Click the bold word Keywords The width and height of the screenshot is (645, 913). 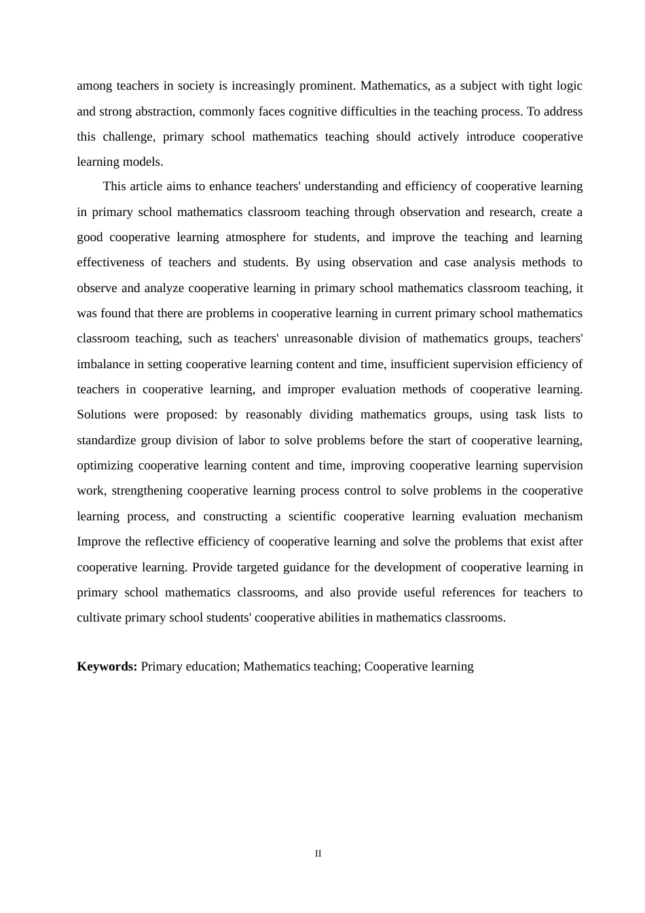tap(107, 666)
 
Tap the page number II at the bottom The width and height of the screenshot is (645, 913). tap(318, 854)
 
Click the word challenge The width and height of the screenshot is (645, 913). tap(129, 137)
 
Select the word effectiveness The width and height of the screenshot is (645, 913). tap(111, 262)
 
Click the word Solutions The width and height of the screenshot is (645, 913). tap(101, 414)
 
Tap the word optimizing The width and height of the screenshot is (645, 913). tap(105, 465)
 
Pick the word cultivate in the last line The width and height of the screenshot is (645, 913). tap(99, 617)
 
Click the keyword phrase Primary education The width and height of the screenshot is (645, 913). tap(189, 666)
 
